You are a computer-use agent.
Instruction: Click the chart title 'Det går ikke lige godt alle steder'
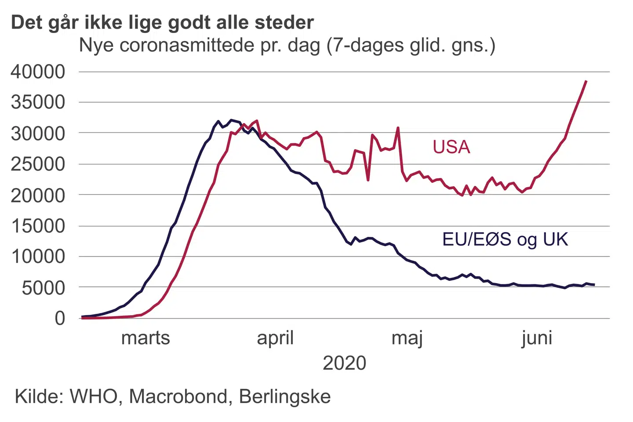tap(162, 22)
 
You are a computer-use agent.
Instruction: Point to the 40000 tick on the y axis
tap(38, 72)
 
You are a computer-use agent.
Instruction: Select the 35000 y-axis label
tap(38, 102)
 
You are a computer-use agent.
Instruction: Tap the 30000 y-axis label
tap(38, 133)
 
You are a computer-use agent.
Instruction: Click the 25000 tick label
tap(38, 164)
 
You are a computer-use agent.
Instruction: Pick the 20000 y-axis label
tap(38, 195)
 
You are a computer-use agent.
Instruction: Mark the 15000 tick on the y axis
tap(38, 226)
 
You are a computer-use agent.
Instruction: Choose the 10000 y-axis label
tap(38, 257)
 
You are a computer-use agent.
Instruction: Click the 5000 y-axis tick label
tap(43, 288)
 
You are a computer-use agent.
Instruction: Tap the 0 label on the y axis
tap(60, 318)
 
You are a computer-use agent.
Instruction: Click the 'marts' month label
tap(146, 338)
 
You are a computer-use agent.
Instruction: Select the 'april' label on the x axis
tap(275, 338)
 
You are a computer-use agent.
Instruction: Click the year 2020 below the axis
tap(344, 363)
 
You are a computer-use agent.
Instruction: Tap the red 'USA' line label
tap(451, 147)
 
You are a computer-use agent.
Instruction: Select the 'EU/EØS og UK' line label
tap(505, 240)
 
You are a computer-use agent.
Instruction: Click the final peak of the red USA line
tap(586, 81)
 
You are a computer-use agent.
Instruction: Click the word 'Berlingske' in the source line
tap(285, 397)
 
